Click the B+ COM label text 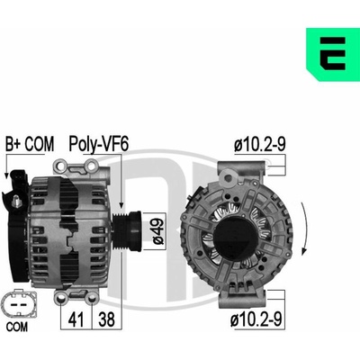[x=30, y=144]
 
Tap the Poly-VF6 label [x=99, y=144]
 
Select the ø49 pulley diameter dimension [x=157, y=231]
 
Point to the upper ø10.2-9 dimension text [x=260, y=144]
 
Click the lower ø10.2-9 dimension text [x=256, y=319]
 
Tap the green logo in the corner [x=333, y=55]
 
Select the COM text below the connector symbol [x=17, y=327]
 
